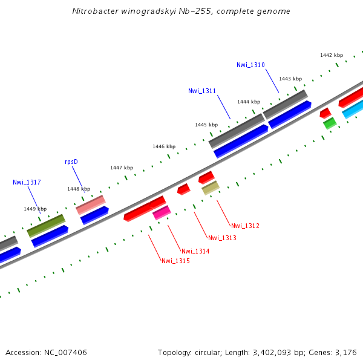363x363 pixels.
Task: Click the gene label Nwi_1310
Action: coord(250,65)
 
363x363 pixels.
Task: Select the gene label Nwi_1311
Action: coord(202,91)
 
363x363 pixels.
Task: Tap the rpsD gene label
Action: coord(71,162)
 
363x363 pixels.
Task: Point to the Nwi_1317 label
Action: coord(27,182)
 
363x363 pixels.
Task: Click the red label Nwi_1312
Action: coord(245,226)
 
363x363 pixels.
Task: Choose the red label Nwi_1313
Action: coord(221,238)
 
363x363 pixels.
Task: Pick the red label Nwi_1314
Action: coord(195,251)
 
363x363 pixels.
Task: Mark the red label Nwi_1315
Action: coord(175,261)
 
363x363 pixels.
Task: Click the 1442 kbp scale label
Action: coord(332,55)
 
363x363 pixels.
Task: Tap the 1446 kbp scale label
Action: coord(164,146)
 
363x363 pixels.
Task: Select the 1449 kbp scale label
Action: coord(35,208)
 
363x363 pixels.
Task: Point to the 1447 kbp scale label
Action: coord(122,168)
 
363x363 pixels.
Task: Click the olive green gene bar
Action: coord(46,225)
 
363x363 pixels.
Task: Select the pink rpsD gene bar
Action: coord(91,204)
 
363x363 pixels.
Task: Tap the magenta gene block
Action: coord(162,212)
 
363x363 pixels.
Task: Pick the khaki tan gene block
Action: coord(211,188)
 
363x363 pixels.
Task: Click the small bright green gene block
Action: coord(330,123)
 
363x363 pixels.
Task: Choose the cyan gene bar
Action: coord(353,110)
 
